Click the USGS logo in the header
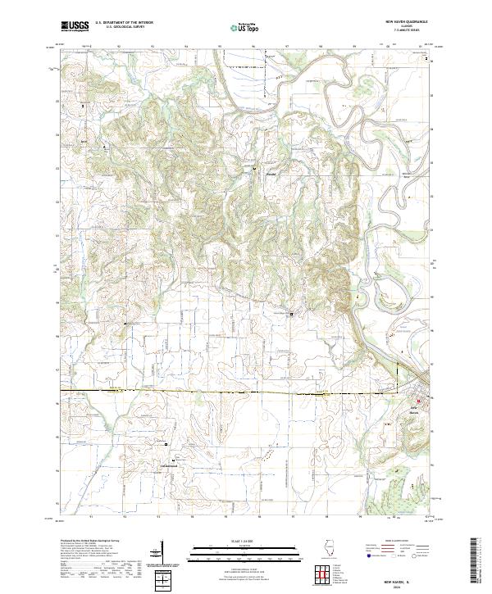(75, 26)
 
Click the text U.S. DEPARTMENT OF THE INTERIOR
(124, 23)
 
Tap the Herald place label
(270, 175)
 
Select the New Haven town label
(419, 410)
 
